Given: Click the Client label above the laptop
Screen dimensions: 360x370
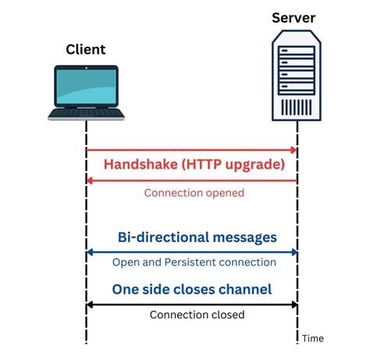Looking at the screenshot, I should pyautogui.click(x=85, y=50).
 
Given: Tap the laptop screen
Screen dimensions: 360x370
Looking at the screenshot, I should pyautogui.click(x=86, y=87).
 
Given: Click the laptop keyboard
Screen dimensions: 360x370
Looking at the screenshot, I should pyautogui.click(x=85, y=113).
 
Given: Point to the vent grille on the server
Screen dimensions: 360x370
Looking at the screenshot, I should pyautogui.click(x=297, y=105).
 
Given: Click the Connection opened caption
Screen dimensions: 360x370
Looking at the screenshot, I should pyautogui.click(x=194, y=192).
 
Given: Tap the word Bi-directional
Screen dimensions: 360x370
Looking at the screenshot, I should pyautogui.click(x=164, y=237).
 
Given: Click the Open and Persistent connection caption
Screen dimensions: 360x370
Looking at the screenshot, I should pyautogui.click(x=194, y=262).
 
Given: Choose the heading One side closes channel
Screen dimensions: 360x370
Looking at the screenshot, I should pyautogui.click(x=191, y=289).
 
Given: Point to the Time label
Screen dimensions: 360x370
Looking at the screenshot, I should pyautogui.click(x=313, y=338).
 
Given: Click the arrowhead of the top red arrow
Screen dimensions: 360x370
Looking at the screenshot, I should pyautogui.click(x=294, y=149).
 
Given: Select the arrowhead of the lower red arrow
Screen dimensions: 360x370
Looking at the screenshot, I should pyautogui.click(x=89, y=180).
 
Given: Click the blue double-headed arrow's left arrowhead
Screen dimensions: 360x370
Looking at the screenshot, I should pyautogui.click(x=89, y=252).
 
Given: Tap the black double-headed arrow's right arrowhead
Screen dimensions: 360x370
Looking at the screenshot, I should pyautogui.click(x=294, y=304).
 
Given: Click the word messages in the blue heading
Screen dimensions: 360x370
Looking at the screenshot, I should pyautogui.click(x=241, y=237).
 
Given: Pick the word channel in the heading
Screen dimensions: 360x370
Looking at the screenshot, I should pyautogui.click(x=244, y=289).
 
